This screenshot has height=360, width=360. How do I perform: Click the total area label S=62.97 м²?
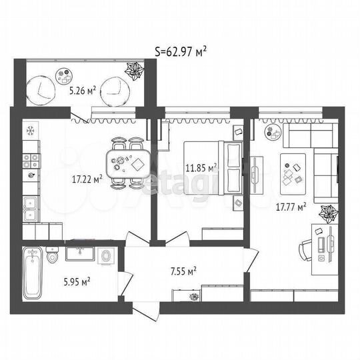179,50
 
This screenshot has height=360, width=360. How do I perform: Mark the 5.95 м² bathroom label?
75,282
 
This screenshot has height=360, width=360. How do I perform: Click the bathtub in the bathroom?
33,274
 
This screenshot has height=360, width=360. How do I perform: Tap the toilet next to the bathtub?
53,255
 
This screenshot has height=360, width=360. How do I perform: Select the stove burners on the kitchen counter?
29,160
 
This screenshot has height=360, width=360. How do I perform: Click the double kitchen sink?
30,211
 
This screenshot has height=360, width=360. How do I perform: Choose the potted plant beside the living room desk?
327,215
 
